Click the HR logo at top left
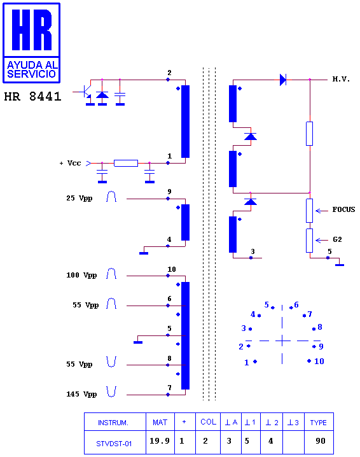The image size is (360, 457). (x=31, y=43)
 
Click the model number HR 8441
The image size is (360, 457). (x=32, y=97)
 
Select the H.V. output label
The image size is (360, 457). (x=341, y=79)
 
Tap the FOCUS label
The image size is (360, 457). (x=343, y=209)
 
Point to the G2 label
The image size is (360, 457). (x=337, y=239)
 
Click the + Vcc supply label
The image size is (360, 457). (x=70, y=163)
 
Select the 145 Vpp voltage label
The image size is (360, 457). (x=81, y=394)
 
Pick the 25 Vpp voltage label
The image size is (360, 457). (x=80, y=198)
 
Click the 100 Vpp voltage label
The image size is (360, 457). (x=81, y=275)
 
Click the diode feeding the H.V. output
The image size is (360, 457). (x=283, y=80)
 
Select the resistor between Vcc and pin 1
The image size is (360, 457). (x=126, y=163)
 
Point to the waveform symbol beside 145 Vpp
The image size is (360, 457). (x=111, y=391)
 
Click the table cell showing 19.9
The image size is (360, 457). (x=160, y=440)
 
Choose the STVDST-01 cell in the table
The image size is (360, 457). (x=114, y=444)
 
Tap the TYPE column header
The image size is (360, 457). (x=319, y=423)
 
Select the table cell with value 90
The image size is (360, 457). (x=321, y=441)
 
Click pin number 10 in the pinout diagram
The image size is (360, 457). (x=319, y=362)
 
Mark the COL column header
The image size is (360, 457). (x=208, y=422)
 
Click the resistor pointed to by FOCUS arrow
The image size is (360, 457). (x=309, y=211)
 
